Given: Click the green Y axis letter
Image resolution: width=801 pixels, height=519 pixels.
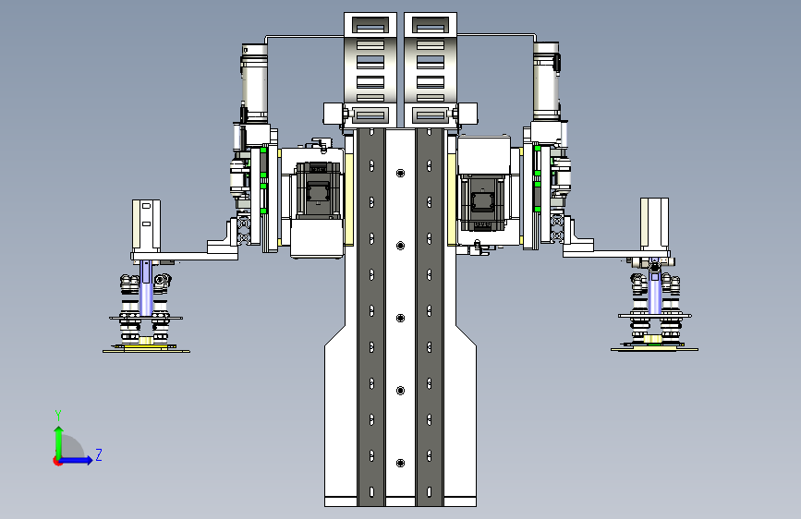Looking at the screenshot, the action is (x=58, y=416).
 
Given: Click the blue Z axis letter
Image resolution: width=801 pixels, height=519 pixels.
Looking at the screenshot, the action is (x=99, y=454).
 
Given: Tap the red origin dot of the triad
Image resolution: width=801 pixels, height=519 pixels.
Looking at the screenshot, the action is (x=57, y=461).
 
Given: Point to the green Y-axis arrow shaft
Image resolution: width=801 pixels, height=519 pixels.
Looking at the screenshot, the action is (x=59, y=443).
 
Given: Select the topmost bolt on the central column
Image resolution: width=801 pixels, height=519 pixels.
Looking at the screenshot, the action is (x=401, y=174).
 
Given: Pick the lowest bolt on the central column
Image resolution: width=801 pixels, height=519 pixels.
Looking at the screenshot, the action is (x=401, y=463).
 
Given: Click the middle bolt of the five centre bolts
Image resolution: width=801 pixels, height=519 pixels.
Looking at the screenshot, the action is (x=401, y=319).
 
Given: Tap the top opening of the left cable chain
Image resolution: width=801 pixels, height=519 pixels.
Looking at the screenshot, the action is (x=370, y=25).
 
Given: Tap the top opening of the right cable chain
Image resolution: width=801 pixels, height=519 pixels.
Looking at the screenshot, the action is (x=431, y=25).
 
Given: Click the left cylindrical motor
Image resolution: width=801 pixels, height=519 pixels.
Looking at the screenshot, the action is (x=254, y=83).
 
